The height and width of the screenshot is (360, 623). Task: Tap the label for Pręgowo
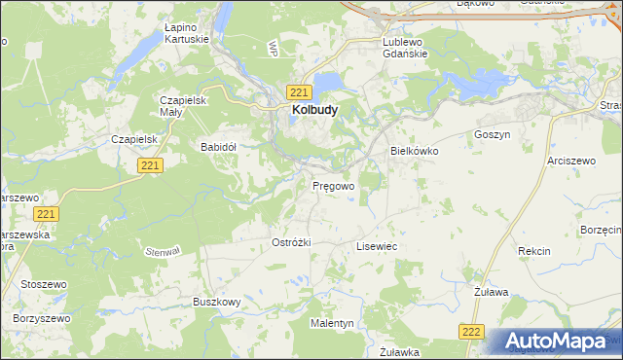[333, 184]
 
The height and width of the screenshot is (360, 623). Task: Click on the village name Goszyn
[492, 134]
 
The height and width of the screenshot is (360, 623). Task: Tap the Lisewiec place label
[377, 247]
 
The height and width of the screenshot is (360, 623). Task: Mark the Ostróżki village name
[291, 241]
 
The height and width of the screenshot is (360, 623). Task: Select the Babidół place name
[219, 147]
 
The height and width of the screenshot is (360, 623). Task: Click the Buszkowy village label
[216, 303]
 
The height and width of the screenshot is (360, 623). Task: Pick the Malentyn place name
[332, 322]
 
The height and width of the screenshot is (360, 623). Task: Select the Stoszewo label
[39, 285]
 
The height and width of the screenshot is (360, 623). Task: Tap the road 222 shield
[472, 332]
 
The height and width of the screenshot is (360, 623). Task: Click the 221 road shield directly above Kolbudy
[299, 91]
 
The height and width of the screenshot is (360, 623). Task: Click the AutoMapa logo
[557, 341]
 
